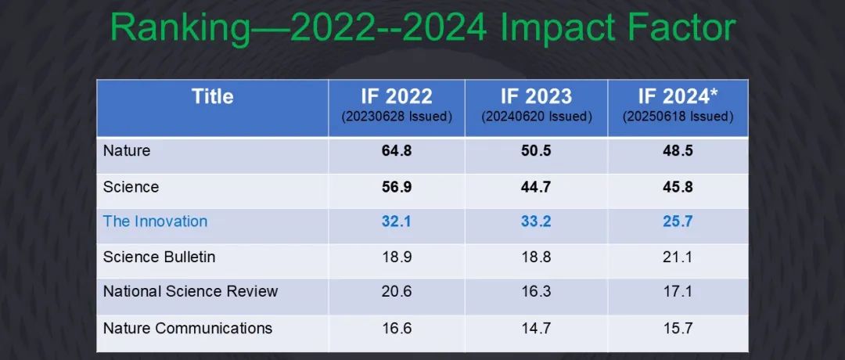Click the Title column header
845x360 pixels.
click(212, 96)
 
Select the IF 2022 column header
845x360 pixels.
click(396, 97)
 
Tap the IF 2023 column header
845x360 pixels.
click(536, 97)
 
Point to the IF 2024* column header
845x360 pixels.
click(678, 97)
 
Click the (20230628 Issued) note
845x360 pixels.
click(396, 117)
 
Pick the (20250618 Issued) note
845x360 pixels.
click(678, 117)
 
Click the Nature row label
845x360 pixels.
click(126, 151)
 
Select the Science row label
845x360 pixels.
click(131, 187)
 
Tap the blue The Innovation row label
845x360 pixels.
click(155, 221)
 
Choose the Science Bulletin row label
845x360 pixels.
click(159, 257)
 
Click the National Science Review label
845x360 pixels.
click(190, 292)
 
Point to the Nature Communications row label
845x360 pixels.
click(187, 328)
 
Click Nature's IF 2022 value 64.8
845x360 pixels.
click(396, 151)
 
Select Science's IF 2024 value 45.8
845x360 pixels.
click(678, 187)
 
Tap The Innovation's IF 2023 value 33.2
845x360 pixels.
click(536, 221)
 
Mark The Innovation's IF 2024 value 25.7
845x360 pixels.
click(678, 221)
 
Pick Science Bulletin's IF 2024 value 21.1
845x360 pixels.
click(678, 257)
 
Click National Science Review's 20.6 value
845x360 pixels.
click(396, 292)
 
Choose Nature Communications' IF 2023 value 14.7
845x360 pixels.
click(536, 328)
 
